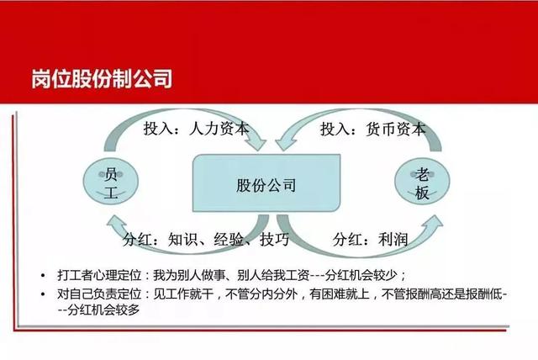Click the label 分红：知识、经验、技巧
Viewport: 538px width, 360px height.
(x=205, y=240)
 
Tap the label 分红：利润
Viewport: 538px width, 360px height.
(x=370, y=240)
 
